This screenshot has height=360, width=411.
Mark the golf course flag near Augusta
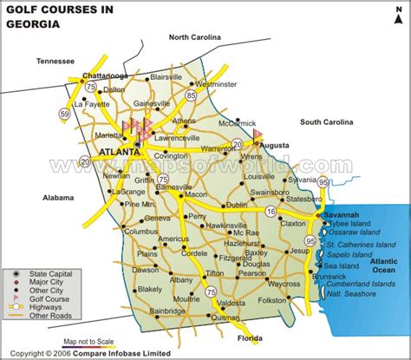click(x=258, y=134)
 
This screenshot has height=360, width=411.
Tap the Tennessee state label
click(x=56, y=61)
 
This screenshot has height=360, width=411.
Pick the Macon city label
click(x=194, y=195)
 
